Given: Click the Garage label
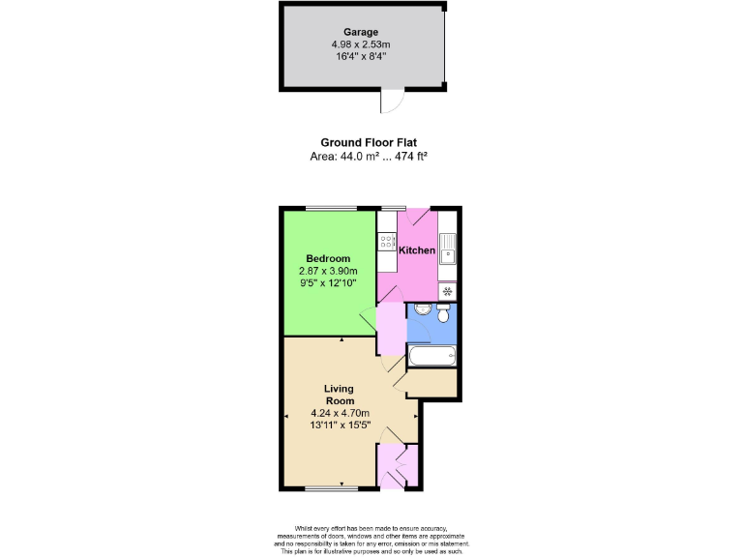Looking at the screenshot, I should click(x=360, y=32).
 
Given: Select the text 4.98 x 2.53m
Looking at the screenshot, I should click(x=360, y=44).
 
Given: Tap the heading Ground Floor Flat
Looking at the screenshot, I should click(x=369, y=142).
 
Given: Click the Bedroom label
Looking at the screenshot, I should click(x=328, y=258).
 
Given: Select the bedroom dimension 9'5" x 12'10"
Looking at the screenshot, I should click(x=328, y=282).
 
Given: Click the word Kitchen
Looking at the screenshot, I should click(x=417, y=250).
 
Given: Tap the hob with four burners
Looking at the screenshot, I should click(x=387, y=242).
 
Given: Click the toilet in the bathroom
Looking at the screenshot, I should click(x=442, y=314).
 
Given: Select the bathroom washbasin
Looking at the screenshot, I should click(x=419, y=309).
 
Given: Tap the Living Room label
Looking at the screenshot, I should click(x=340, y=395).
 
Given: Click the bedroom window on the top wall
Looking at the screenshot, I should click(x=331, y=208).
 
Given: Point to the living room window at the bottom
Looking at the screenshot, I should click(x=331, y=487).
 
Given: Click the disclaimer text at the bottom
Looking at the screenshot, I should click(x=371, y=539).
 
